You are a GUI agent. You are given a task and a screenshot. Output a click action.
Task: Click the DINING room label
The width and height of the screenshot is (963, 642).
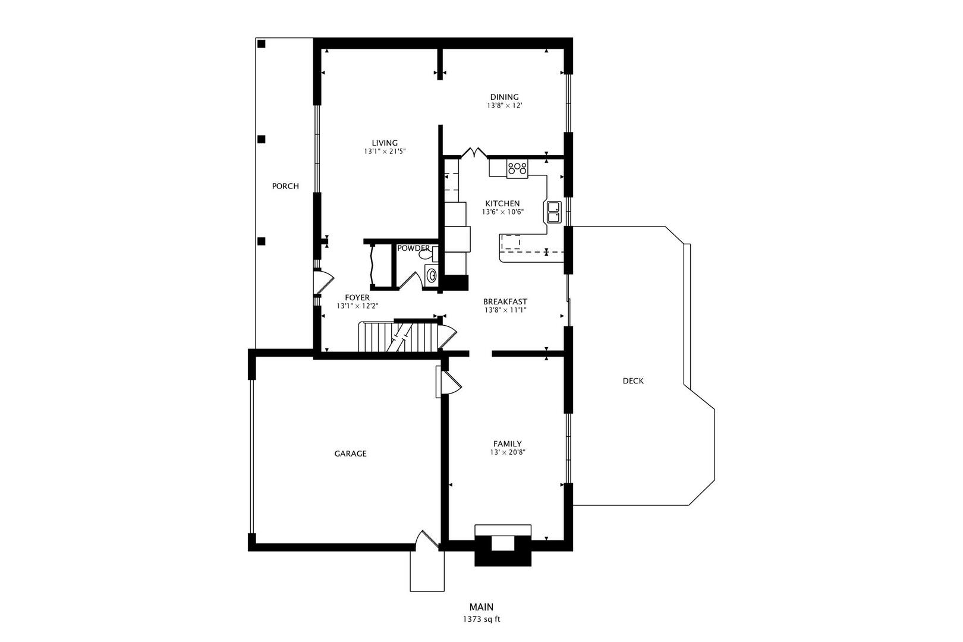click(504, 97)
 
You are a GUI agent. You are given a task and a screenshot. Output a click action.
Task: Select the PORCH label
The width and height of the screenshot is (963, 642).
click(285, 186)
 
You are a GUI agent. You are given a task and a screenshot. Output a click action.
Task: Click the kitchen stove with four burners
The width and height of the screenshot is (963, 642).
click(517, 169)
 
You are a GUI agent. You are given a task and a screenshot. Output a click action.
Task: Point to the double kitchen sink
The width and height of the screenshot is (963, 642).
click(553, 212)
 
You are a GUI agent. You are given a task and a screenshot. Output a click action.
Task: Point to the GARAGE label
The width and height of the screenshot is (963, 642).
click(350, 454)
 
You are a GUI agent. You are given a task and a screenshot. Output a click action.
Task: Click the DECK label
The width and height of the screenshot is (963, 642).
click(632, 381)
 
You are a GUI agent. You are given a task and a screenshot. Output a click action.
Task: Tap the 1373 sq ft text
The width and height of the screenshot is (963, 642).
click(481, 619)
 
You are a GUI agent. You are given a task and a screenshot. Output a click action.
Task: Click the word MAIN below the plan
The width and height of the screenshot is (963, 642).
click(481, 607)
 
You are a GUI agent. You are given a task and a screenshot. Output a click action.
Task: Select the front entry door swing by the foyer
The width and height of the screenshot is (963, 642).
click(324, 282)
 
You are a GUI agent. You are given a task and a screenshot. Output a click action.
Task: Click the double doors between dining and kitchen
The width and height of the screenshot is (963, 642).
click(474, 153)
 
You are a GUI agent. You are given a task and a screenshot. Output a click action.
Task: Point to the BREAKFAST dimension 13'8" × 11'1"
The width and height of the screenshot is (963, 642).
click(505, 310)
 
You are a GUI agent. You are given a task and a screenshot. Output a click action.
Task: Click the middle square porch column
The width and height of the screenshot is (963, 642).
click(261, 139)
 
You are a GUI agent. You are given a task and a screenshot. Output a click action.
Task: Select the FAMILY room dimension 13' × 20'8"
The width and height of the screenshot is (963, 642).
click(507, 452)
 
